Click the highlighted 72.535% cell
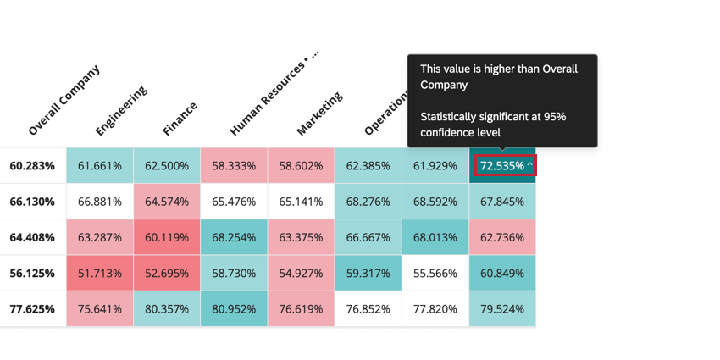tap(505, 166)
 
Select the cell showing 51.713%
tap(100, 274)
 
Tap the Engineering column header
tap(121, 111)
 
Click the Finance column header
tap(180, 119)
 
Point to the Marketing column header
tap(320, 114)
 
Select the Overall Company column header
tap(64, 100)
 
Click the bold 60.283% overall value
tap(32, 166)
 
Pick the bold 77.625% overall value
tap(32, 309)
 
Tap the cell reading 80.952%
tap(234, 309)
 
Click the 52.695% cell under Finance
tap(167, 274)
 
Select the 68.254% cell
tap(234, 238)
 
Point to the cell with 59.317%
tap(368, 274)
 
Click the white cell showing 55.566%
tap(435, 274)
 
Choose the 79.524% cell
tap(502, 309)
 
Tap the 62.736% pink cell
tap(502, 238)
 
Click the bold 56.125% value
tap(32, 274)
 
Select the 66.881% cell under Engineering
tap(100, 202)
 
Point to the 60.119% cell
tap(167, 238)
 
